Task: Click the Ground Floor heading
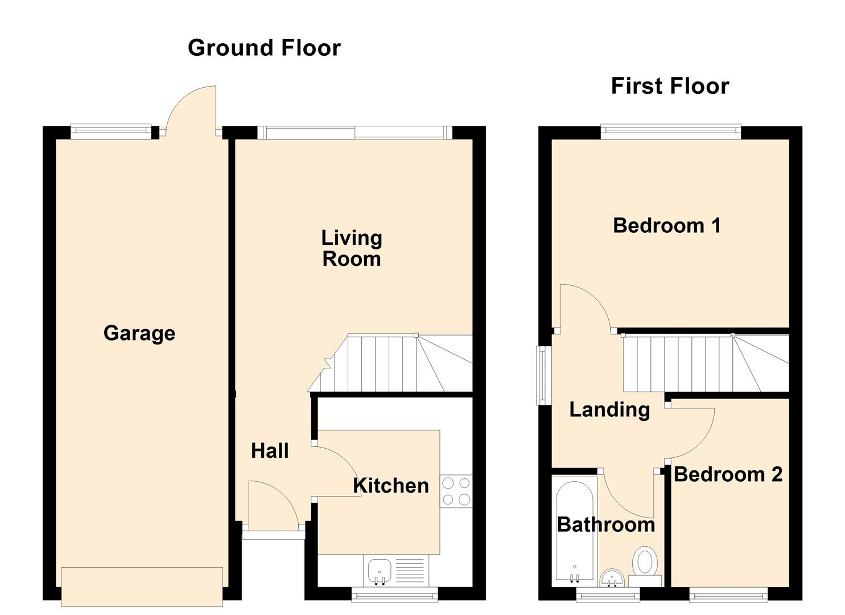[264, 48]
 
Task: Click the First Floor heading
[670, 86]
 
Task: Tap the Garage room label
[139, 333]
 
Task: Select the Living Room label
[352, 248]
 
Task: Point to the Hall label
[270, 451]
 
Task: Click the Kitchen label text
[391, 486]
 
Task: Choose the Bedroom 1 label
[667, 225]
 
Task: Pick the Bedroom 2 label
[728, 474]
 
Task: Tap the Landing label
[609, 409]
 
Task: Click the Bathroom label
[606, 524]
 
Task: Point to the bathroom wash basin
[612, 578]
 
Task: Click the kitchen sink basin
[380, 571]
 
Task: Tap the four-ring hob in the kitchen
[456, 491]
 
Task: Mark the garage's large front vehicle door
[142, 587]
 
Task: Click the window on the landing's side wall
[543, 375]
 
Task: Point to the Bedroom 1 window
[671, 132]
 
